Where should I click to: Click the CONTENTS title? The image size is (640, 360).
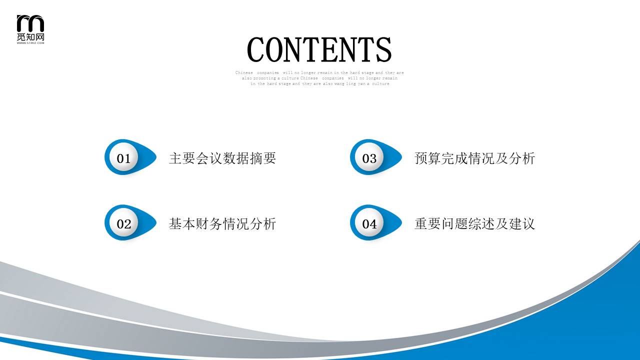319,49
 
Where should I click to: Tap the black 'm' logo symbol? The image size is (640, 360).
30,23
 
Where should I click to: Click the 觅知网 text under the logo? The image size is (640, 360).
30,37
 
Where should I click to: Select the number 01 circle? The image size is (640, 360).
123,158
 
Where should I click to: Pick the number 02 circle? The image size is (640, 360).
123,224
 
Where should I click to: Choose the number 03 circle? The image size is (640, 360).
369,158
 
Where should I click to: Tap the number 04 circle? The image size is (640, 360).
369,224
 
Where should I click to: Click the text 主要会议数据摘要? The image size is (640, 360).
222,158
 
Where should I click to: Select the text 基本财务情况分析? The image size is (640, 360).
222,224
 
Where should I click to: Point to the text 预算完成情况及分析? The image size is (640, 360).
474,158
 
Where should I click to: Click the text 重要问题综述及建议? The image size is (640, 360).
474,224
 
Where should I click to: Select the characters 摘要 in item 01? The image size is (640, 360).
263,158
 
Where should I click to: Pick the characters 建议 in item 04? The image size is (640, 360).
522,224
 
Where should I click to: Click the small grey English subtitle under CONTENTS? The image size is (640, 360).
319,78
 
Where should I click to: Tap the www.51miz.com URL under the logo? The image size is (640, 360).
30,43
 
